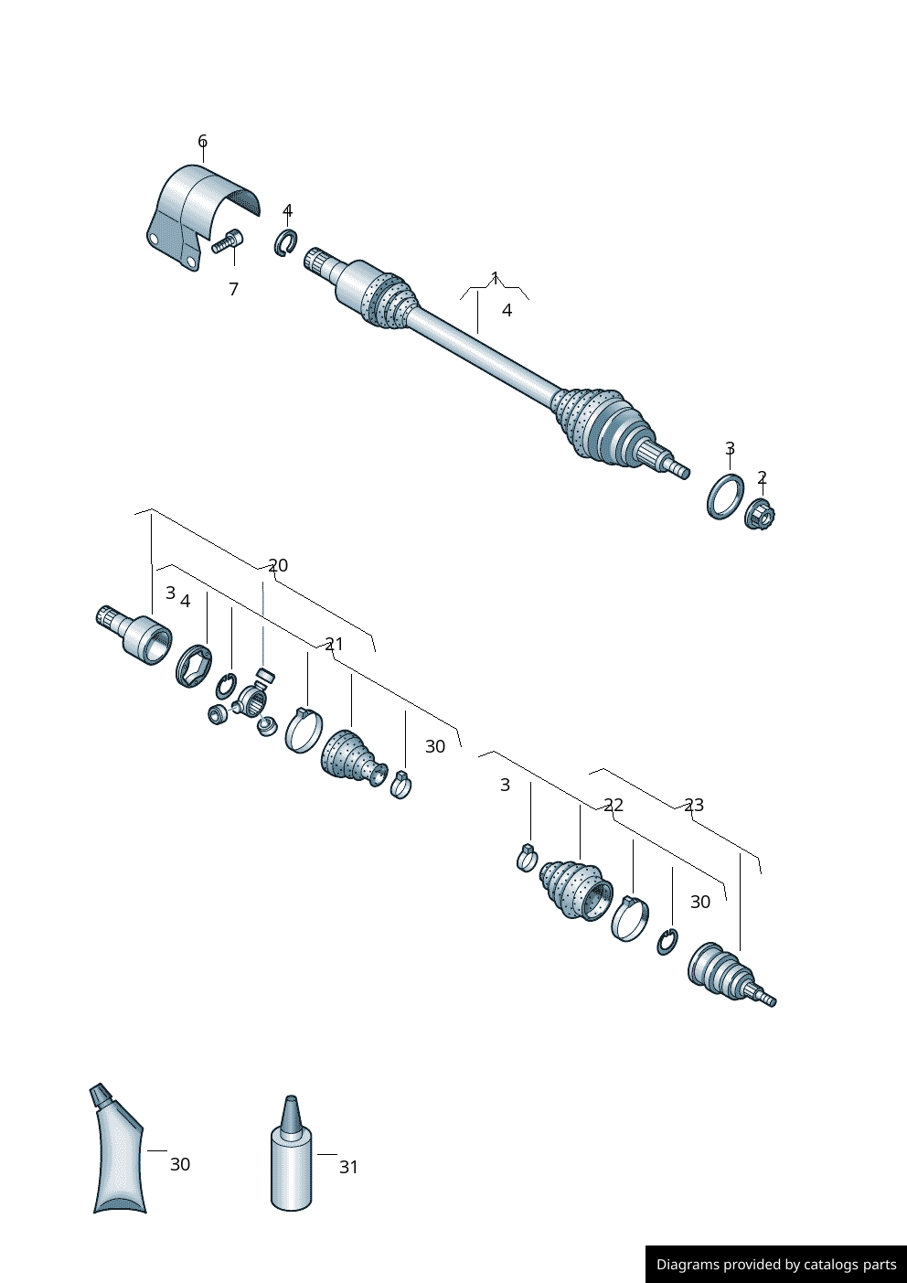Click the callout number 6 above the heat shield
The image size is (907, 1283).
click(x=202, y=141)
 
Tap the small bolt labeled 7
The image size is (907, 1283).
click(x=227, y=241)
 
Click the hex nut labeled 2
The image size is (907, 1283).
click(x=760, y=515)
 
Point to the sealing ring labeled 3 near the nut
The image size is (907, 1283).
click(x=725, y=497)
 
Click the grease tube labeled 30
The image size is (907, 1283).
click(x=118, y=1152)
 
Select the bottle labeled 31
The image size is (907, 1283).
click(x=292, y=1157)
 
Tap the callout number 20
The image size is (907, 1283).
click(x=278, y=565)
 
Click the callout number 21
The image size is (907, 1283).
click(x=334, y=644)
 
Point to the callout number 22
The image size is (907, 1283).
click(x=614, y=805)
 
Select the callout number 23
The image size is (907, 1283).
click(x=694, y=805)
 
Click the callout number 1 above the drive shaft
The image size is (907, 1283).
click(x=495, y=277)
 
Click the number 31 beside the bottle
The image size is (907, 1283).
click(x=348, y=1167)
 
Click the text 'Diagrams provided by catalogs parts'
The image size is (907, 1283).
click(x=775, y=1264)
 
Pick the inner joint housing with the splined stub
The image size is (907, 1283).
click(x=137, y=631)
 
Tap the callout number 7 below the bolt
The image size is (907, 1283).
click(x=233, y=289)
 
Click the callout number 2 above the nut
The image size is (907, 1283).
click(x=762, y=477)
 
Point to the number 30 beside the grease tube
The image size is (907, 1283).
click(x=180, y=1164)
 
